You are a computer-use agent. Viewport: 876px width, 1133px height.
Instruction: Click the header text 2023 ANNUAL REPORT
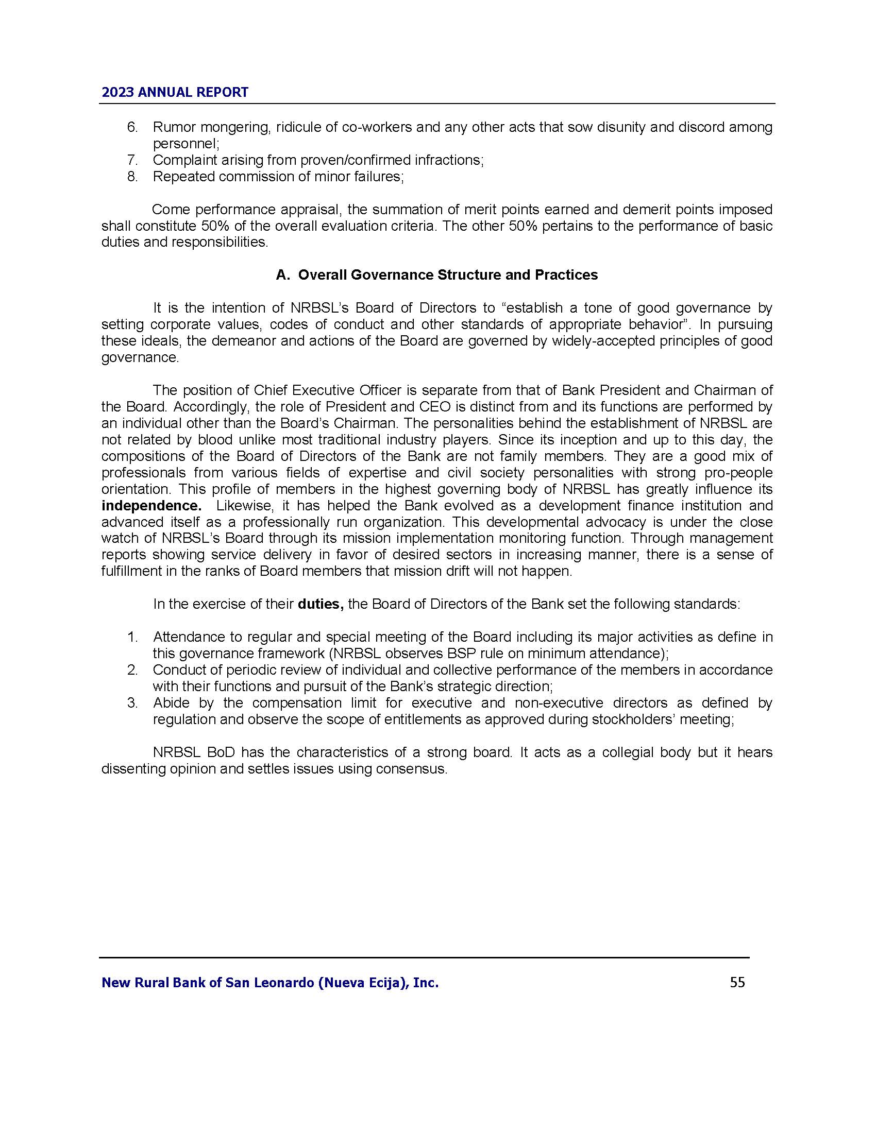175,92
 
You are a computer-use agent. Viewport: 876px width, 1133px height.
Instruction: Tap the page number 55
737,982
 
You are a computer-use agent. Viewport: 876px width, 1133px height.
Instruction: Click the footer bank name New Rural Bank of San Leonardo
270,983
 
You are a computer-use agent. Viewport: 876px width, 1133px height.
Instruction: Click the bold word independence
151,506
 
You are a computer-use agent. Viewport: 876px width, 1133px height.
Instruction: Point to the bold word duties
320,605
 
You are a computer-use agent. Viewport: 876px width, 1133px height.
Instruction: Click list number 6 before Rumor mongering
132,127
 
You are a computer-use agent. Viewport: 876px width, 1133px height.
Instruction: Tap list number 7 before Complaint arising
132,160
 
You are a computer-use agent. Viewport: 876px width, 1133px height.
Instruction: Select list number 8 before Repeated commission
132,177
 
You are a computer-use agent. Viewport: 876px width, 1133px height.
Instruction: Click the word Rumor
173,127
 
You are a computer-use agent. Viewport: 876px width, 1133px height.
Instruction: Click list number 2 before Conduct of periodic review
132,670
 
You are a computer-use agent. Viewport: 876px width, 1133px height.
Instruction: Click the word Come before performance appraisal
170,210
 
